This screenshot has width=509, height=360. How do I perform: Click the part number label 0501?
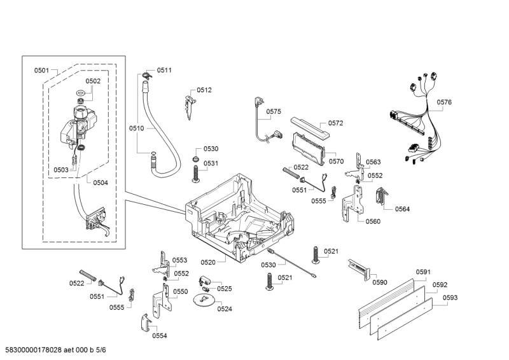point(42,70)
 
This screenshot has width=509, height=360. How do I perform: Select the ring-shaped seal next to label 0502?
point(80,94)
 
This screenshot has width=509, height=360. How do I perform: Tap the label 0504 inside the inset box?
point(101,183)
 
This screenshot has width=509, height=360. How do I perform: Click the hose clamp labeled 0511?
point(147,76)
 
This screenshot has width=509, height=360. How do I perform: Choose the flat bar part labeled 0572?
point(309,127)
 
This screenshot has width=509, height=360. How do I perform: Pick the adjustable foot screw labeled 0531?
point(197,172)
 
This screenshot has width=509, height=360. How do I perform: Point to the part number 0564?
point(402,209)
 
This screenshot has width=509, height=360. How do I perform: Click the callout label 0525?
point(224,289)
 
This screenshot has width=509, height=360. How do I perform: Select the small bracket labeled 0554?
point(145,322)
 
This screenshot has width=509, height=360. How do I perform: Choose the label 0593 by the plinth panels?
point(450,297)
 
